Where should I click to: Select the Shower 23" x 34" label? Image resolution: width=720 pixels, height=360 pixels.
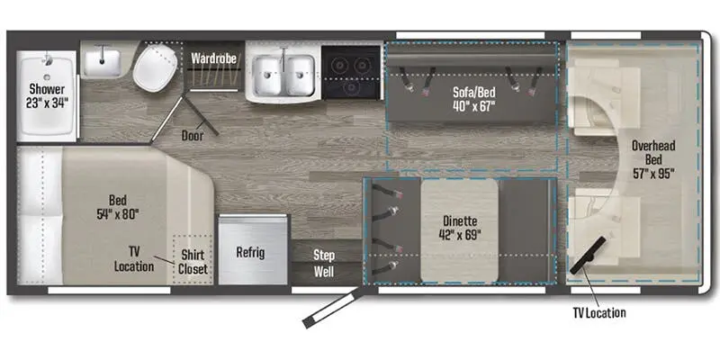tap(47, 95)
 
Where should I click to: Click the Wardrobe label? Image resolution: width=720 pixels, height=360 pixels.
tap(214, 58)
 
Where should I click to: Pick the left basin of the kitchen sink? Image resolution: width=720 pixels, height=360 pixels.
tap(267, 76)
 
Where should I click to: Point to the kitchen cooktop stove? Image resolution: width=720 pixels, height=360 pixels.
tap(351, 72)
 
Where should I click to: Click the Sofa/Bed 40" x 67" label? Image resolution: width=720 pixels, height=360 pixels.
tap(473, 99)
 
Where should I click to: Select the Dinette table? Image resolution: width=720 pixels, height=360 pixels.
tap(459, 229)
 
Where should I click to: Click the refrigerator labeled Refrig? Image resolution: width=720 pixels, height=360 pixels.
tap(253, 250)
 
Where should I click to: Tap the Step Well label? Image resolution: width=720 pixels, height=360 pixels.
tap(324, 263)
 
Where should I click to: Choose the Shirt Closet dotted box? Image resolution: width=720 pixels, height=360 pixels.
tap(193, 259)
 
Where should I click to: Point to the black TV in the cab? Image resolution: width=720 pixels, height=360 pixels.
tap(589, 256)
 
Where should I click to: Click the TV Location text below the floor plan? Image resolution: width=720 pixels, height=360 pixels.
tap(598, 313)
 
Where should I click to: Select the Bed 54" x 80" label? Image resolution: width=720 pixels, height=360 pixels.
tap(118, 207)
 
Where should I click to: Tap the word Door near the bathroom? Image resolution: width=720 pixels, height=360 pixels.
tap(193, 135)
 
